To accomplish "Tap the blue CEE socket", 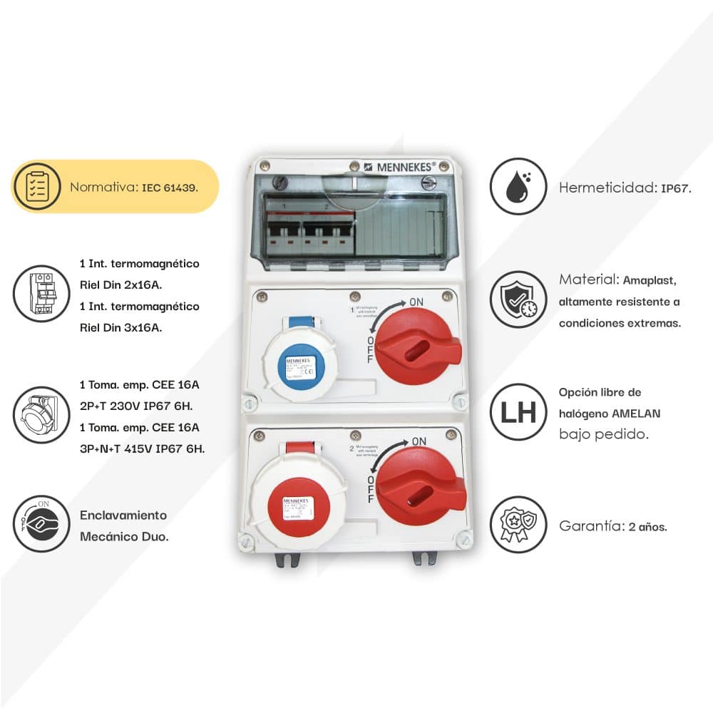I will tap(299, 367).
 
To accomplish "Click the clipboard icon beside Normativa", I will tap(37, 186).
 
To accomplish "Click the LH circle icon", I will tap(518, 412).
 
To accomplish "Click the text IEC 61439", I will tap(170, 188).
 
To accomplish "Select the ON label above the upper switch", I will tap(418, 302).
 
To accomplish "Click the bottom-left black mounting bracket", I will tap(287, 560).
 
